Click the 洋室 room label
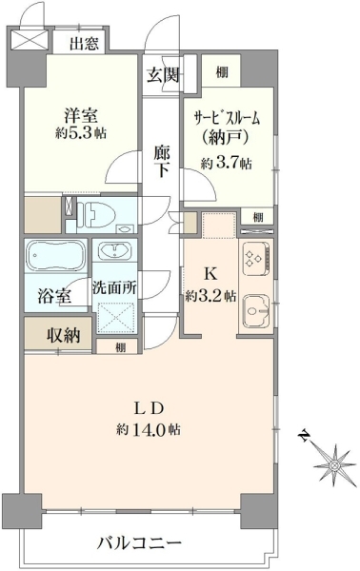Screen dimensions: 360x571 point(81,116)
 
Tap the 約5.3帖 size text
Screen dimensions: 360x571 point(81,133)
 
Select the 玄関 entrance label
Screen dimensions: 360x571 point(163,75)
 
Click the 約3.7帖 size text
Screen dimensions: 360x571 point(227,164)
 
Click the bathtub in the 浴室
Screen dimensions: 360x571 point(56,255)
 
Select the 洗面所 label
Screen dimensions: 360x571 point(114,288)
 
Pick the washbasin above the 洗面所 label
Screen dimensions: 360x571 point(114,251)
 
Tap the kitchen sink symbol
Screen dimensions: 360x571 point(256,310)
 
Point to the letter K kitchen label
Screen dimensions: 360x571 point(210,274)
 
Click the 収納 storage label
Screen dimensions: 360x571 point(64,334)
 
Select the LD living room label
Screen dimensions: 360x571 point(149,409)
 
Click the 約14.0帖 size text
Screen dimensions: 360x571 point(149,430)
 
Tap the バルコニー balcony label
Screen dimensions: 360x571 point(139,544)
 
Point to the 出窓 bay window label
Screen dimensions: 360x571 point(84,44)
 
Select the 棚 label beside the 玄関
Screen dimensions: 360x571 point(222,72)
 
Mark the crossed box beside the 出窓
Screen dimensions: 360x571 point(30,40)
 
